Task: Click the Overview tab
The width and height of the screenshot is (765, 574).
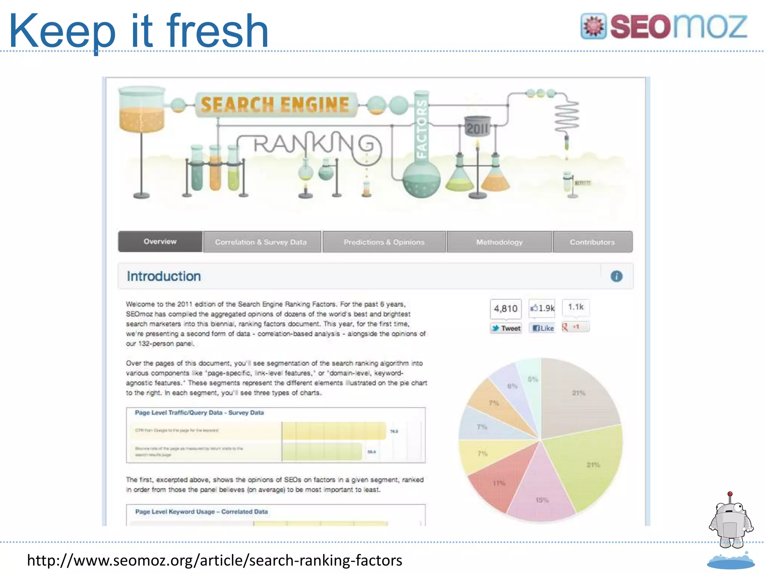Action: coord(160,242)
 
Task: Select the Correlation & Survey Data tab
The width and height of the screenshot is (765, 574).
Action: coord(261,242)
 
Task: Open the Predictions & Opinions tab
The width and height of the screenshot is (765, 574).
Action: coord(384,242)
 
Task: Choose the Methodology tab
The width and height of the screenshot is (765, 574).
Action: coord(499,242)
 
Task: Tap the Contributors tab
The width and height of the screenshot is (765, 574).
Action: coord(592,242)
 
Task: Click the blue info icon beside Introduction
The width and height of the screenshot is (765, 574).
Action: coord(616,276)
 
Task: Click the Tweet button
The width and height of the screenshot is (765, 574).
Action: coord(506,328)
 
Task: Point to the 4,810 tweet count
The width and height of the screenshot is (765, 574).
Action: coord(506,309)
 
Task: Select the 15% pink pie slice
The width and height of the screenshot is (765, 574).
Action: coord(542,493)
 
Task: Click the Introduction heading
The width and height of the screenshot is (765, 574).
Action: coord(164,276)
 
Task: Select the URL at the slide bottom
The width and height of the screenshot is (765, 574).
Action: coord(214,560)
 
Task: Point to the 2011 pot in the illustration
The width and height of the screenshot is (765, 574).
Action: coord(477,127)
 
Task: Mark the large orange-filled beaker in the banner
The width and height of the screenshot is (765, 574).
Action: coord(141,112)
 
